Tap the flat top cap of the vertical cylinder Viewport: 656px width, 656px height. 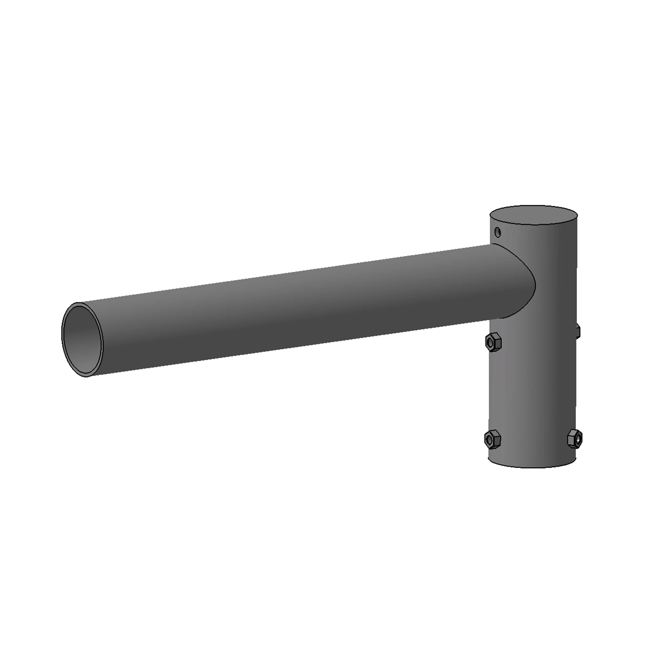coord(533,215)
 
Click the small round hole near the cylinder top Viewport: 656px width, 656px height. coord(498,232)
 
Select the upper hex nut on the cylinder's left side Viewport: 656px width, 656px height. coord(493,343)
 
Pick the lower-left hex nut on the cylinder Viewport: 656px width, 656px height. coord(492,440)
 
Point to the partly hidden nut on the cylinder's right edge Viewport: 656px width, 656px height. coord(578,330)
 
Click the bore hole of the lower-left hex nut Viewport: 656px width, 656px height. coord(489,441)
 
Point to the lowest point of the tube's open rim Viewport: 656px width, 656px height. coord(87,377)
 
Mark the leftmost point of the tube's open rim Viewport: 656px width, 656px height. coord(61,335)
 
